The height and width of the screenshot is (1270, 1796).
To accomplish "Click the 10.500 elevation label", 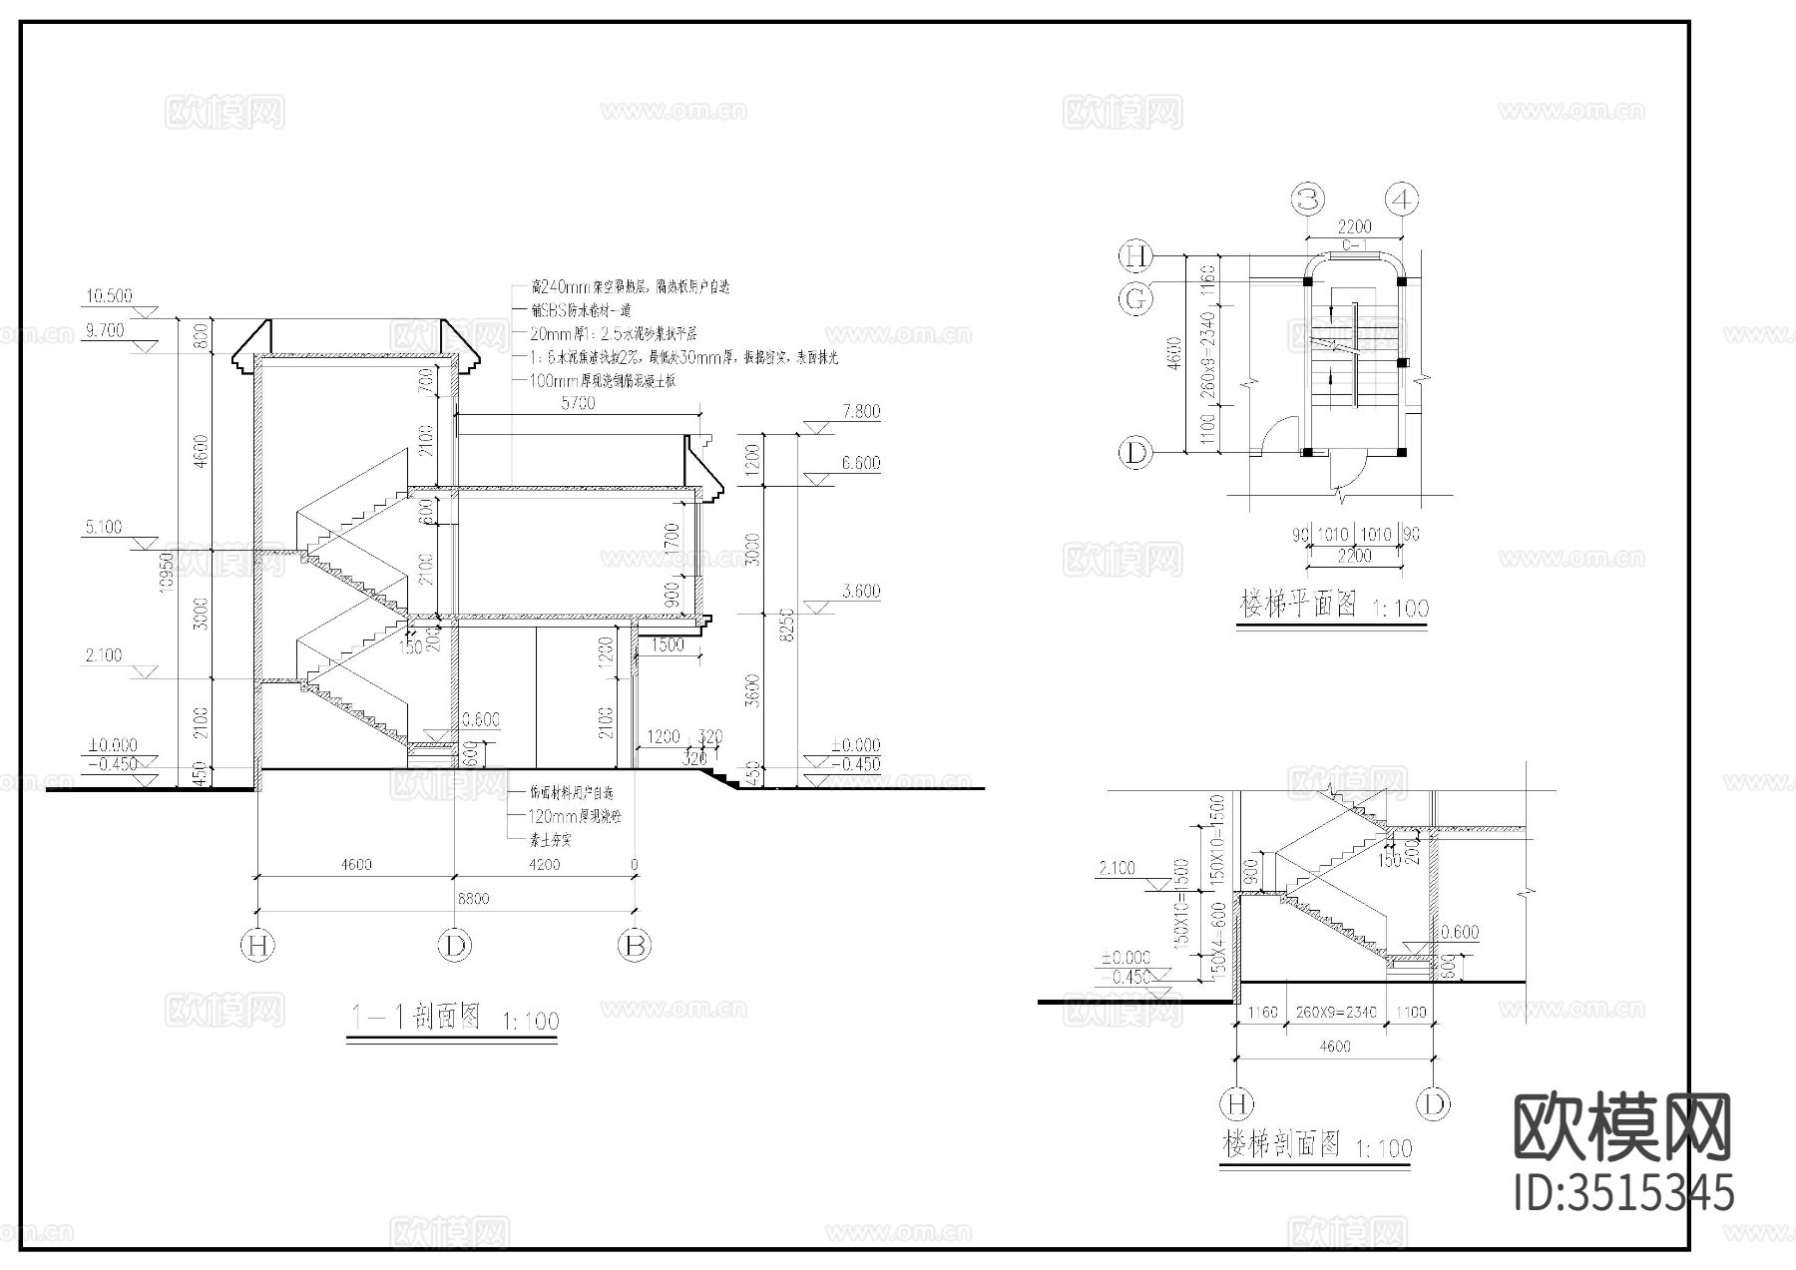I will (x=108, y=296).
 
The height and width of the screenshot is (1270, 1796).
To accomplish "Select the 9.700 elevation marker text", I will (x=105, y=331).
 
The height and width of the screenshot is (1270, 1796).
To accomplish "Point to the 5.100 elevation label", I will (x=104, y=527).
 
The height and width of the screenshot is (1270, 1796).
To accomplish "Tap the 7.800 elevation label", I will (x=861, y=411).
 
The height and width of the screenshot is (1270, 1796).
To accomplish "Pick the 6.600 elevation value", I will (x=861, y=463).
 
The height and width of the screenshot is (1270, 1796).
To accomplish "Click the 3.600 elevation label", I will (x=861, y=592).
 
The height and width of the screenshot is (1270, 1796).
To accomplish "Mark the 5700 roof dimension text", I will (x=578, y=403).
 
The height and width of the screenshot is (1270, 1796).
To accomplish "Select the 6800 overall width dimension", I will (x=473, y=899).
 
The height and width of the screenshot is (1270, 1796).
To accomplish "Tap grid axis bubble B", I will (x=635, y=945).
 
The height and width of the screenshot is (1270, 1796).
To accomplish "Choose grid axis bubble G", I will (x=1135, y=298).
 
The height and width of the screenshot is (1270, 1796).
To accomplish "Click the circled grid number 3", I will (x=1308, y=200).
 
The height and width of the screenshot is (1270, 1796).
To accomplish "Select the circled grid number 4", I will (x=1403, y=200).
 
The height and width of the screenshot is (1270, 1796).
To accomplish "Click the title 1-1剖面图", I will (x=415, y=1017).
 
